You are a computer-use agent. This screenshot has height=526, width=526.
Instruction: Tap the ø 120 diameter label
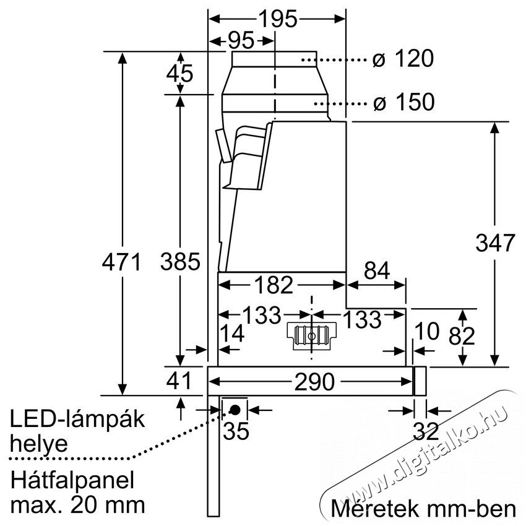pyautogui.click(x=402, y=60)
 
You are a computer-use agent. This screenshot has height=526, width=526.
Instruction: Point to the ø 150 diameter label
pyautogui.click(x=403, y=102)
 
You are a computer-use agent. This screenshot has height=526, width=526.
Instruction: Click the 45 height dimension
pyautogui.click(x=180, y=73)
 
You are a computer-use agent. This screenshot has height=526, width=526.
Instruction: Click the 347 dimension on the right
pyautogui.click(x=495, y=243)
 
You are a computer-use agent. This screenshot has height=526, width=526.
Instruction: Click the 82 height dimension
pyautogui.click(x=462, y=335)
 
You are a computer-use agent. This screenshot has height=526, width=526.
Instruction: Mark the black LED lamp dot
pyautogui.click(x=236, y=409)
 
